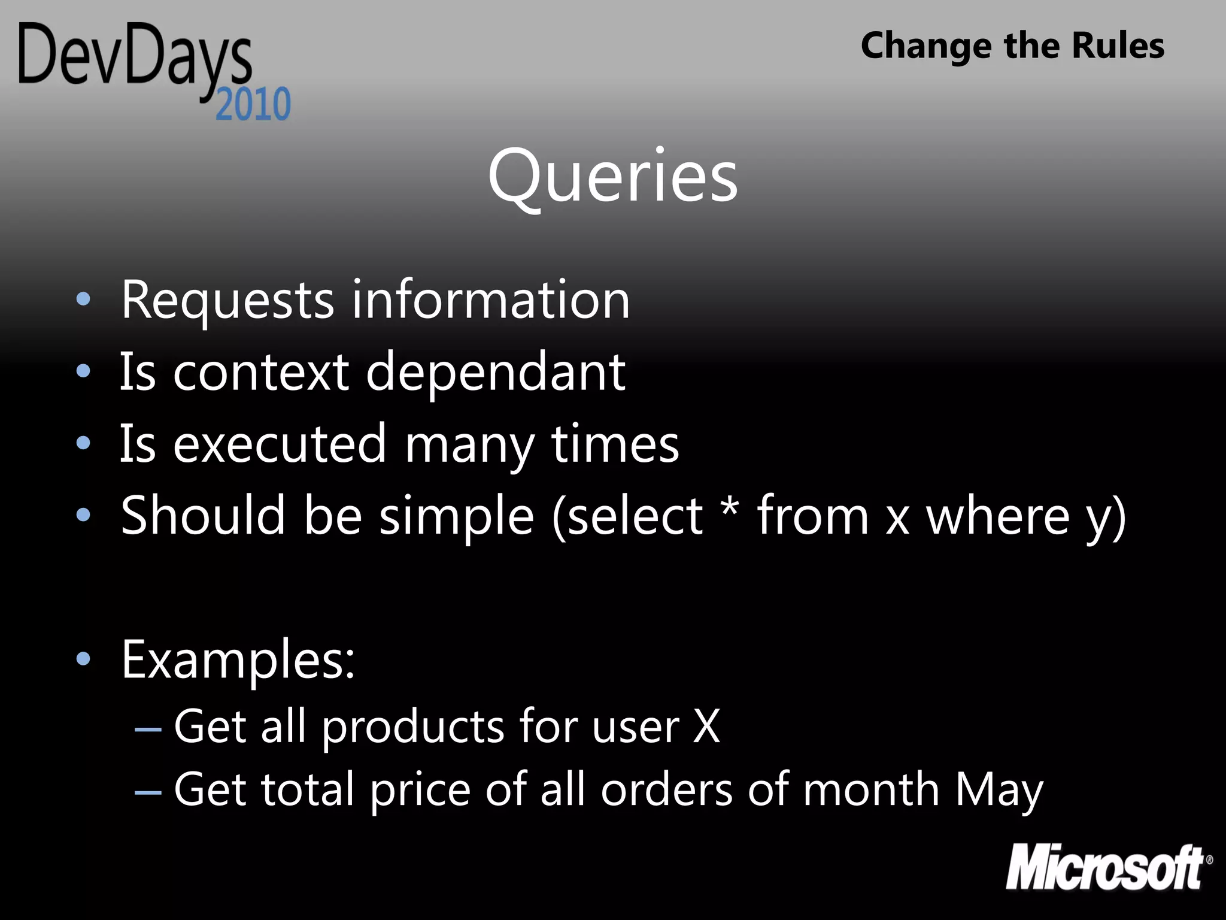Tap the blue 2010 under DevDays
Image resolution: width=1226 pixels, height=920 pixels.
pos(253,105)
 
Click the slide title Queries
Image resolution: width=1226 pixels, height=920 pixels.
pos(612,177)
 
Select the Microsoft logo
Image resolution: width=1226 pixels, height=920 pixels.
pos(1107,867)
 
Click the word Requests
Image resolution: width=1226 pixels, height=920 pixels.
pos(227,300)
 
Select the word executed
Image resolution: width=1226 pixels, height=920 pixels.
pos(280,444)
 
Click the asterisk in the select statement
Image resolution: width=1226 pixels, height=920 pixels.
pos(729,507)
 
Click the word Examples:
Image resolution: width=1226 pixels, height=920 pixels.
pos(238,660)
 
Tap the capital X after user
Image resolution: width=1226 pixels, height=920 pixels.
pos(706,727)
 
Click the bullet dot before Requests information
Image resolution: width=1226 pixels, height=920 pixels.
pos(83,299)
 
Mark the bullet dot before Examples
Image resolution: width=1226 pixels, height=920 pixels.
pos(83,659)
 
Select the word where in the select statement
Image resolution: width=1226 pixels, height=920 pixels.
pos(998,516)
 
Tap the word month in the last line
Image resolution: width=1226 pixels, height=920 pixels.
pos(871,789)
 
